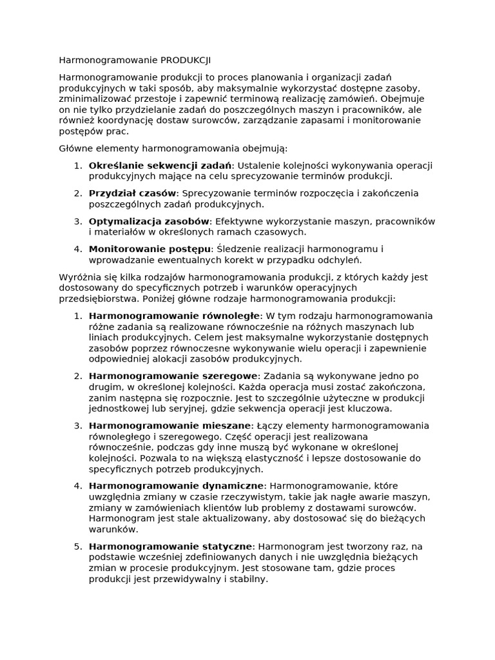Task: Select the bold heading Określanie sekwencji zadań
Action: tap(159, 166)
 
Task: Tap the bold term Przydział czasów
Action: tap(132, 193)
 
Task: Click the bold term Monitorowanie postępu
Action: tap(150, 249)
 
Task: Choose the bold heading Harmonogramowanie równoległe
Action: tap(174, 316)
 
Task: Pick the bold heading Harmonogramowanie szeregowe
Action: tap(173, 376)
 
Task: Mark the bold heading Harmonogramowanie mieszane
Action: tap(170, 426)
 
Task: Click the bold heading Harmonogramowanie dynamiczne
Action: tap(176, 486)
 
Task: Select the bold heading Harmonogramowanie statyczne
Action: tap(171, 547)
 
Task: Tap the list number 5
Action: tap(77, 547)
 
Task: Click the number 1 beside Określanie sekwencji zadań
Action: tap(77, 166)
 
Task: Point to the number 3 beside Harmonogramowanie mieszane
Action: tap(77, 426)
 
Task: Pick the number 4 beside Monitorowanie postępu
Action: tap(77, 249)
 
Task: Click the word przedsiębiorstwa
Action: tap(99, 299)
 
